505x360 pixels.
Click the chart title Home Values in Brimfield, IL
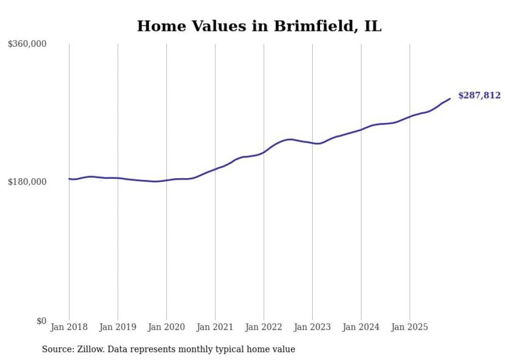[x=259, y=26]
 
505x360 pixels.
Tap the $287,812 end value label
[x=479, y=95]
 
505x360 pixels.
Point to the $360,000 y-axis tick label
[x=27, y=44]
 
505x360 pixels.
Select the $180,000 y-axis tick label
[x=27, y=182]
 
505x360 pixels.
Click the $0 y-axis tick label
[x=41, y=321]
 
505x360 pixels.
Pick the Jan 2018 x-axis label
[x=69, y=327]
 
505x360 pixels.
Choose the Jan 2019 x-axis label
[x=117, y=327]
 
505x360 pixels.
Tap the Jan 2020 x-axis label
[x=166, y=327]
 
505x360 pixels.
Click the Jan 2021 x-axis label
[x=215, y=327]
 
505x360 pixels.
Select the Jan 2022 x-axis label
[x=264, y=327]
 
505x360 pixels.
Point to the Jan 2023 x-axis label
[x=312, y=327]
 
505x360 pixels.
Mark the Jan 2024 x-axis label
[x=361, y=327]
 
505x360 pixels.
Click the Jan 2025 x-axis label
[x=410, y=327]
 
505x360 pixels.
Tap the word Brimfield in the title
[x=312, y=26]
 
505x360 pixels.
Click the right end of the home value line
[x=450, y=98]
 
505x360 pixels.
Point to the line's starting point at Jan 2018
[x=69, y=179]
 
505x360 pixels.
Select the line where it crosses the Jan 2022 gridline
[x=264, y=152]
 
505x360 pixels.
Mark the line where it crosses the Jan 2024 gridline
[x=361, y=129]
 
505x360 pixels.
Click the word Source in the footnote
[x=56, y=349]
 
